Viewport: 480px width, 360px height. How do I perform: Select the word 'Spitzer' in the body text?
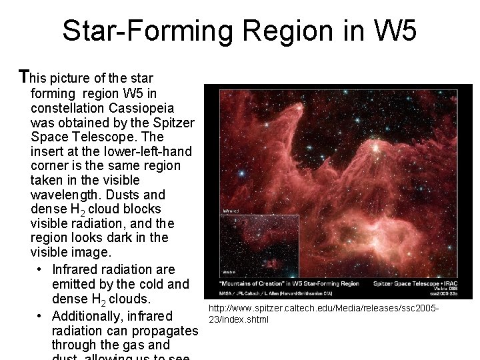173,123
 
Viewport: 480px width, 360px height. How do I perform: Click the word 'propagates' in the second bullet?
164,331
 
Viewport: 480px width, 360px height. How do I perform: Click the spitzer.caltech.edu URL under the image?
323,314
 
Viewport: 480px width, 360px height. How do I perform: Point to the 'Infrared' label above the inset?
231,211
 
